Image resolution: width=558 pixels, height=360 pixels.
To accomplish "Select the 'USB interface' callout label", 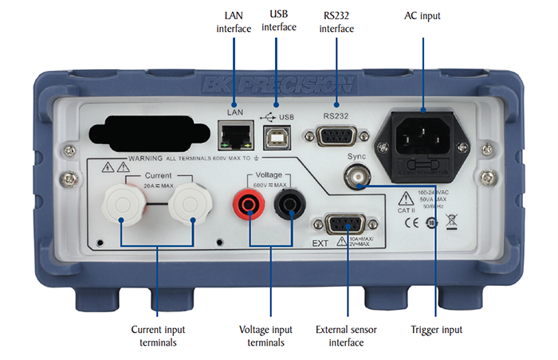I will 279,21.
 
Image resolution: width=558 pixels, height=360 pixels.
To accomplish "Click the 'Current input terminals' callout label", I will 158,335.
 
